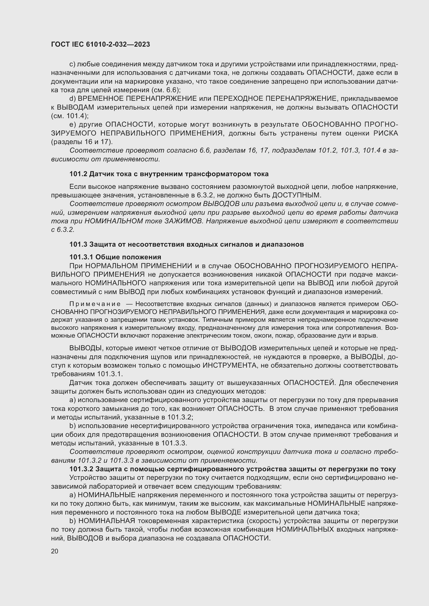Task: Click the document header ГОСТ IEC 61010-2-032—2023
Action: point(100,44)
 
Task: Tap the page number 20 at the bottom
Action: point(54,551)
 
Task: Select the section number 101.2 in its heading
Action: point(78,174)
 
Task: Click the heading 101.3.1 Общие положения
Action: point(115,257)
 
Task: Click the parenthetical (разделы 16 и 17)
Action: point(82,142)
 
